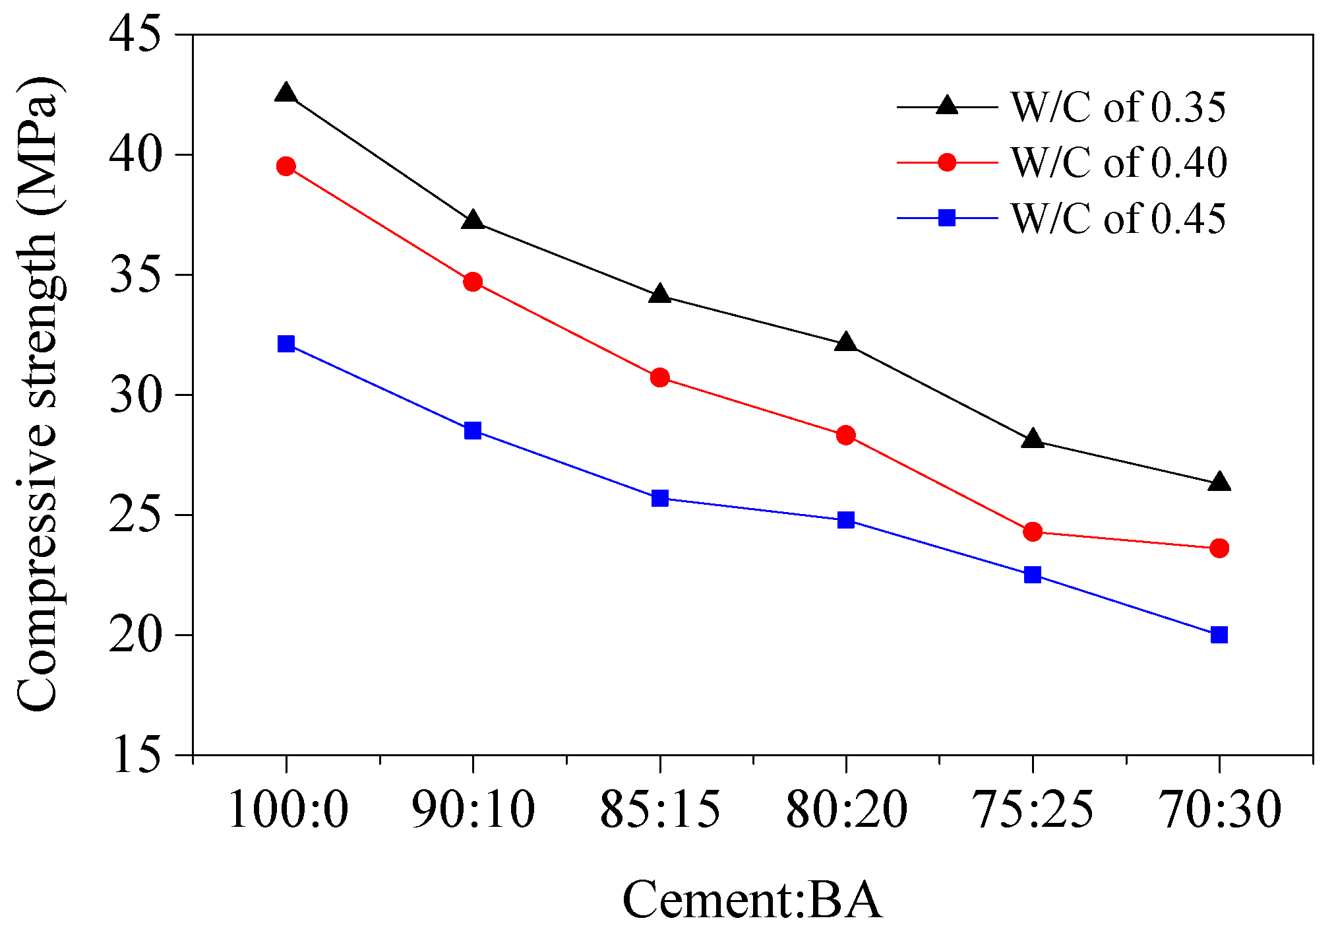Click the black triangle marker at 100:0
point(286,93)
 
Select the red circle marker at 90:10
point(473,282)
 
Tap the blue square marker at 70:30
point(1219,635)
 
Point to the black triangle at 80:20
point(846,343)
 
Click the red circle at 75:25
point(1033,531)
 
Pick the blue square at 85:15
point(659,498)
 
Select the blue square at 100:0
point(286,344)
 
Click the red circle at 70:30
point(1219,548)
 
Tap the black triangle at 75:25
point(1033,439)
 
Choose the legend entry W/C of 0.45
point(1118,218)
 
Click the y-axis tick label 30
point(135,395)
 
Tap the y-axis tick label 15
point(135,755)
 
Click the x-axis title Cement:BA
point(752,900)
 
